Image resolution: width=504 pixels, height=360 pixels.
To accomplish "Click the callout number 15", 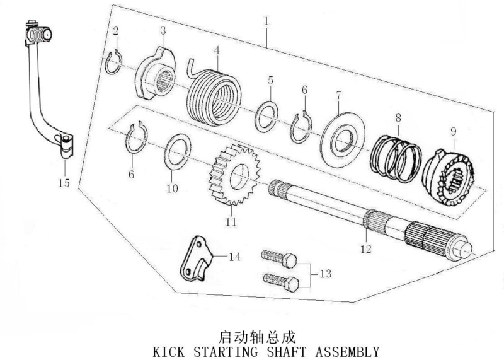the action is pos(64,183).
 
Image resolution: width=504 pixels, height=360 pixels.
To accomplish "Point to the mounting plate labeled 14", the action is pos(196,259).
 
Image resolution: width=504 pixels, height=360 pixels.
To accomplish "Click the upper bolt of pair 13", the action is pos(279,258).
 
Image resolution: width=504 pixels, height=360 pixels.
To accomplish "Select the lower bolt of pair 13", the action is pos(281,282).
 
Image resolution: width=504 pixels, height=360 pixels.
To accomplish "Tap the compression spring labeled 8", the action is pos(396,159).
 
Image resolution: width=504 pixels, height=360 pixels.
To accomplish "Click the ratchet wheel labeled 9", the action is pos(449,177).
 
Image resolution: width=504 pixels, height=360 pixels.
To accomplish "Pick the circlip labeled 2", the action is pos(113,63).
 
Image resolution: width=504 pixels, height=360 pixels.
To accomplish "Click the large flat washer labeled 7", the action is pos(343,139).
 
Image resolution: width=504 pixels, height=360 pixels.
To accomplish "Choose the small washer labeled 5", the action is pos(266,117).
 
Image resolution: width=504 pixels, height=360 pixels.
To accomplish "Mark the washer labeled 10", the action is pos(178,151).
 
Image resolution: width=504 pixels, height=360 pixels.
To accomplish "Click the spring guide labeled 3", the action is pos(155,73).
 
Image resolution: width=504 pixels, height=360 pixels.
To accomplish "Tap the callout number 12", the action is pos(366,249).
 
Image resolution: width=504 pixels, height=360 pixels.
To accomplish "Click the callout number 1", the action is pos(266,21).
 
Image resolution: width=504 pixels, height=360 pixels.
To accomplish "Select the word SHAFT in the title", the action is pos(287,352).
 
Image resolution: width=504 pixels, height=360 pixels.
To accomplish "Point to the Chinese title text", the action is pos(257,337).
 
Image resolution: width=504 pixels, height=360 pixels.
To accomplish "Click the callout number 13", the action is pos(326,274).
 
